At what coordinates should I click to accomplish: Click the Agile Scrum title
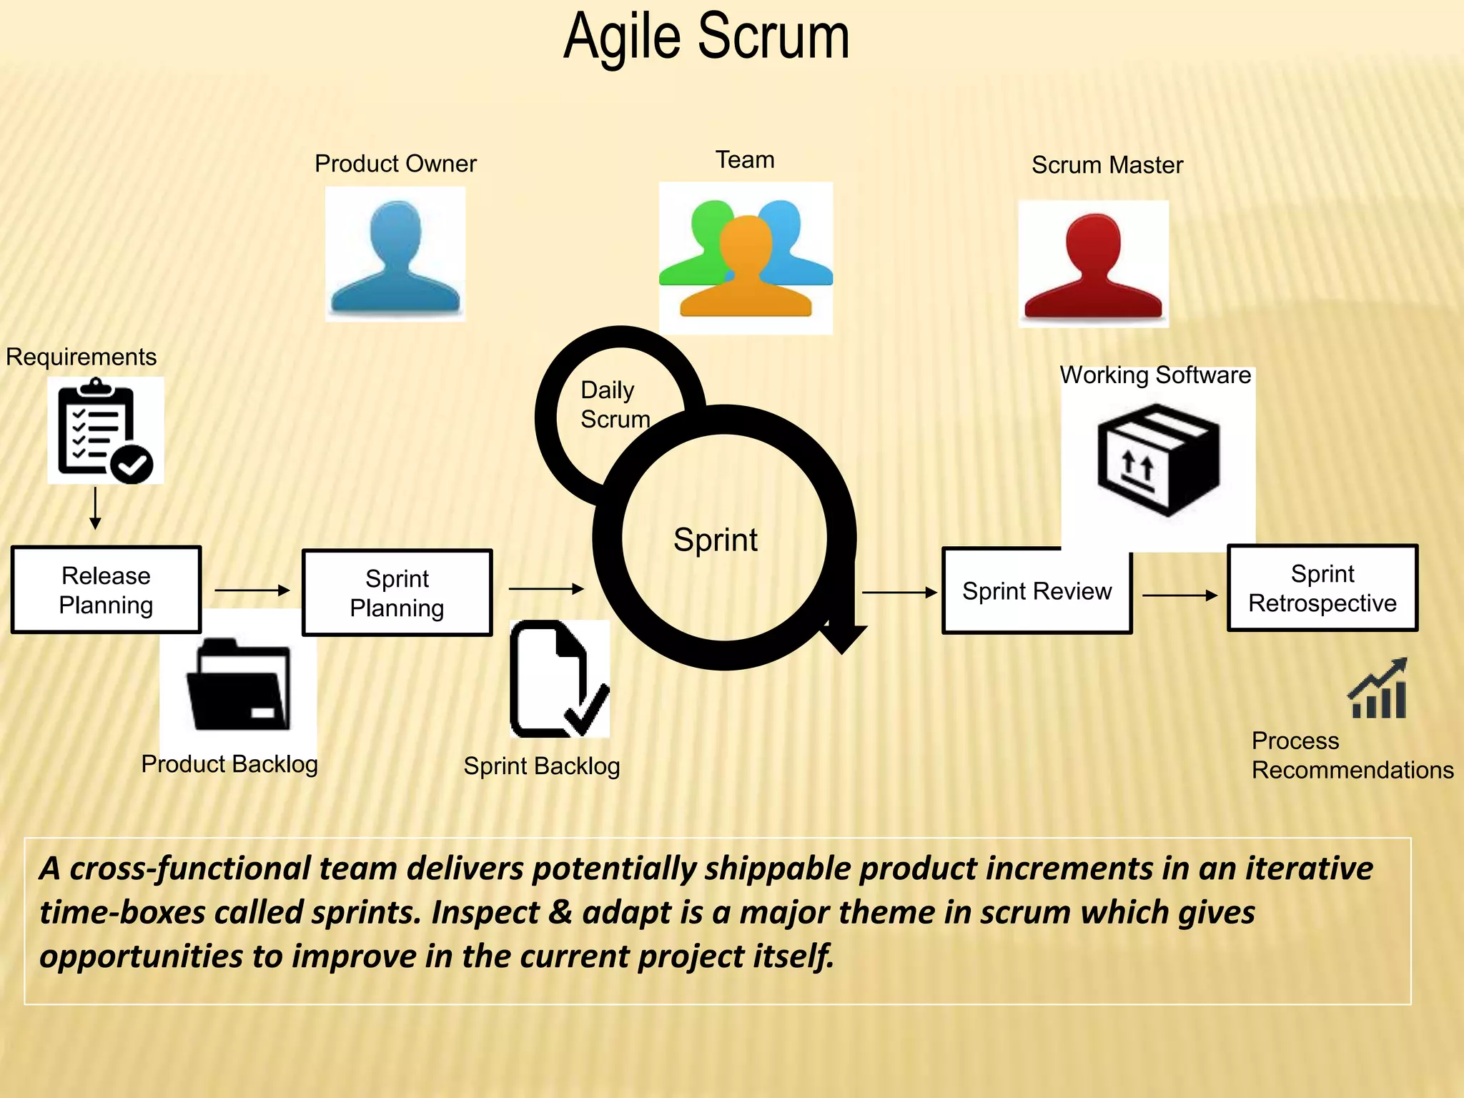(x=706, y=37)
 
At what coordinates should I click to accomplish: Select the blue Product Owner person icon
(x=395, y=257)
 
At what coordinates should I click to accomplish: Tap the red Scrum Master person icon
(x=1093, y=266)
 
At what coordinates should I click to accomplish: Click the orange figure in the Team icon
(x=746, y=272)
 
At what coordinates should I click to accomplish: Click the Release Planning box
(x=106, y=590)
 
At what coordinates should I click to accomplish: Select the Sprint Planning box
(x=397, y=593)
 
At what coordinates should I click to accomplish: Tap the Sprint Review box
(x=1037, y=592)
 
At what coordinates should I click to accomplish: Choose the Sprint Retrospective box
(x=1322, y=588)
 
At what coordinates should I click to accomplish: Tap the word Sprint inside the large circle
(x=715, y=540)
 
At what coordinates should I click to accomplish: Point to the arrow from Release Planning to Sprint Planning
(x=252, y=590)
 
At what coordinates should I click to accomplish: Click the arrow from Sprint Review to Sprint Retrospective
(x=1179, y=595)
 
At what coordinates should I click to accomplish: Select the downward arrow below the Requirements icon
(x=95, y=509)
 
